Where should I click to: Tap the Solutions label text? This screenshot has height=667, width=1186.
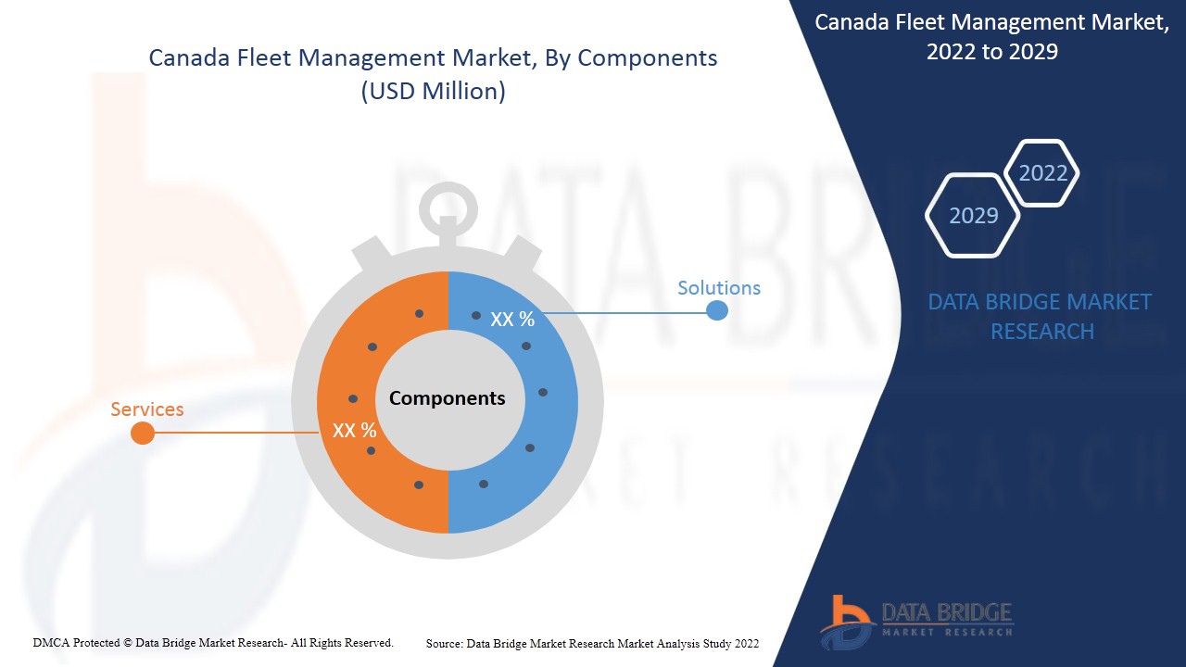(x=719, y=288)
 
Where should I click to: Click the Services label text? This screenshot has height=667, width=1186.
(x=147, y=409)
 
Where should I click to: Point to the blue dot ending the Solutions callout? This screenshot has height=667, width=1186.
(x=717, y=310)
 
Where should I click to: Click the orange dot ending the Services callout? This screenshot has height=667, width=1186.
(x=143, y=433)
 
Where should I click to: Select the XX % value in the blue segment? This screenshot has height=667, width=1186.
(x=512, y=319)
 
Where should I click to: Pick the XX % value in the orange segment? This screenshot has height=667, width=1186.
(x=354, y=430)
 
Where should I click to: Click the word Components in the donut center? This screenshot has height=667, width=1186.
(x=448, y=398)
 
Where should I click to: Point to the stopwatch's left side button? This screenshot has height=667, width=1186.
(x=372, y=251)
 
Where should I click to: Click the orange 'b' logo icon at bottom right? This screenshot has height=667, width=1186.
(x=846, y=622)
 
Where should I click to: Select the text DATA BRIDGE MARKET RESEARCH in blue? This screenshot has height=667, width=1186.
(x=1041, y=317)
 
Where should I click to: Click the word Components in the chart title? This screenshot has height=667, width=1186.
(x=647, y=58)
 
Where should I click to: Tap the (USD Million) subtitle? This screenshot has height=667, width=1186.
(x=433, y=91)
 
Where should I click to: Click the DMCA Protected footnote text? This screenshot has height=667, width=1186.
(x=213, y=643)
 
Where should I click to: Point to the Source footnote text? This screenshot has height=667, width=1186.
(x=592, y=644)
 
